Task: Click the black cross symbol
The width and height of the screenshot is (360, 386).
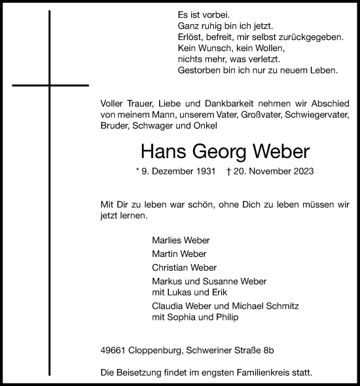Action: [x=50, y=85]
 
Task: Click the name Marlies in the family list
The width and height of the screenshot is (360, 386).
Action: [x=165, y=240]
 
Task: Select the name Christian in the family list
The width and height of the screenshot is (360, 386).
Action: [x=168, y=267]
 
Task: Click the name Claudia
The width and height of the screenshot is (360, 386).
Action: [x=166, y=307]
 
